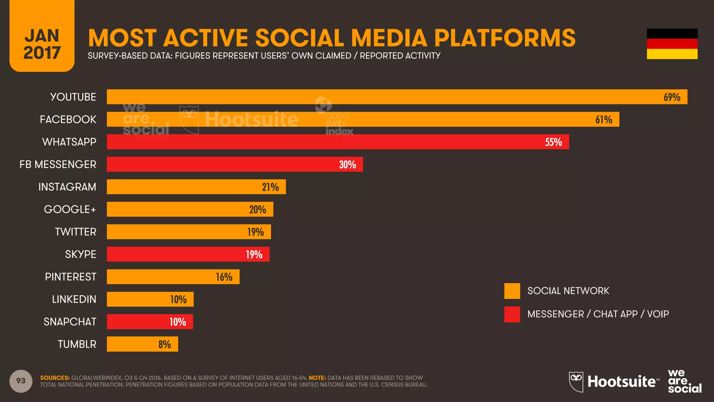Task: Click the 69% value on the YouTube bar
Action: coord(671,97)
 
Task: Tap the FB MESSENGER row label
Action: coord(58,164)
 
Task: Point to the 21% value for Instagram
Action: coord(270,187)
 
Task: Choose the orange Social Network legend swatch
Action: coord(512,291)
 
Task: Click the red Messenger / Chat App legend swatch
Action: coord(512,314)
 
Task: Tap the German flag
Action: coord(672,44)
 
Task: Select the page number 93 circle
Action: coord(21,381)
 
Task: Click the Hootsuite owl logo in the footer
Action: coord(576,381)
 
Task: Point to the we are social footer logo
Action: coord(684,381)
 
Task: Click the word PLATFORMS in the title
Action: coord(504,38)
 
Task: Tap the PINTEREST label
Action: coord(70,277)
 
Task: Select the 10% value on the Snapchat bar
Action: coord(177,322)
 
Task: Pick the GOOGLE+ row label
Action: coord(70,209)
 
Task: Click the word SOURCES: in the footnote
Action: coord(55,378)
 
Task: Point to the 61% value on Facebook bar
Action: coord(603,120)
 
